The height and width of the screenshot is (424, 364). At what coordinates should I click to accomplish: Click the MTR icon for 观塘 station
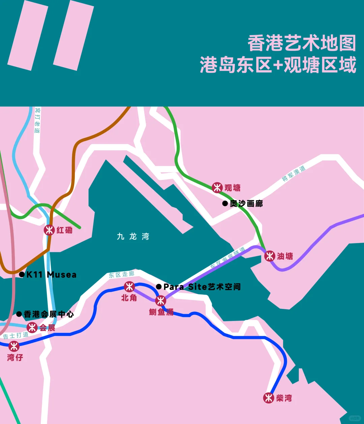click(217, 187)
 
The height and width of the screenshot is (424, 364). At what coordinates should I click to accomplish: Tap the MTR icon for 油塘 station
click(270, 256)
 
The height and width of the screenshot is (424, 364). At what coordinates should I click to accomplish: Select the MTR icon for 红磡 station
click(49, 230)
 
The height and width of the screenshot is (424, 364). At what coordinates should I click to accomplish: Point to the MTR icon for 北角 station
click(129, 287)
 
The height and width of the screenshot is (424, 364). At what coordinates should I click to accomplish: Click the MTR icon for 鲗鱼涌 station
click(160, 300)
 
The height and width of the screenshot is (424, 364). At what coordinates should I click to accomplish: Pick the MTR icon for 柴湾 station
click(269, 398)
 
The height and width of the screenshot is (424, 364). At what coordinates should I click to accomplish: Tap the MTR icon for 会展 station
click(32, 327)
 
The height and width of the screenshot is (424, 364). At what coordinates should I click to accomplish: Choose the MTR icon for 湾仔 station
click(14, 346)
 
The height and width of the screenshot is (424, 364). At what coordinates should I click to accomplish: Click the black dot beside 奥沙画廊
click(225, 203)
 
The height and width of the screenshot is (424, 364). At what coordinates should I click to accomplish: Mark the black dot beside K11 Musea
click(22, 274)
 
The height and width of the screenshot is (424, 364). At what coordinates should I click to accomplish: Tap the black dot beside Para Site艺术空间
click(159, 287)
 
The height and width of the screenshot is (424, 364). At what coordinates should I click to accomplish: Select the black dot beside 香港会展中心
click(19, 314)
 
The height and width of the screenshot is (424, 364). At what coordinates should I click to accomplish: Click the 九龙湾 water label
click(133, 236)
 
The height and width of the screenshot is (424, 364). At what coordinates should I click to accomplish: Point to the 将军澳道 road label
click(294, 173)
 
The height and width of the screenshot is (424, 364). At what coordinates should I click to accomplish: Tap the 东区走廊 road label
click(121, 274)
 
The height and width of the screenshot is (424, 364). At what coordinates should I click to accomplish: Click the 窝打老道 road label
click(37, 120)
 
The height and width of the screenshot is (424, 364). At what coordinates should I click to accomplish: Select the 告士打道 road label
click(16, 335)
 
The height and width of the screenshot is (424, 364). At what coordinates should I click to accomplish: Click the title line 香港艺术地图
click(302, 43)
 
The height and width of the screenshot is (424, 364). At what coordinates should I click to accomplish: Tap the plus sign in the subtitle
click(278, 64)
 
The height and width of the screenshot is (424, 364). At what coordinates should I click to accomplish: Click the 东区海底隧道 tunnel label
click(228, 258)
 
